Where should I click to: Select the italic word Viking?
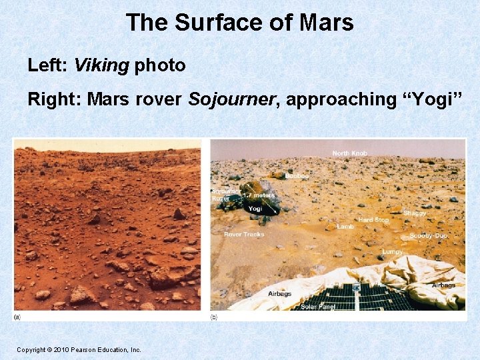(102, 65)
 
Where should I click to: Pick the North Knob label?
(350, 154)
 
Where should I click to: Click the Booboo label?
(297, 176)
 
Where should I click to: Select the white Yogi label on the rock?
(255, 209)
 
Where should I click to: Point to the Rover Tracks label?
(244, 234)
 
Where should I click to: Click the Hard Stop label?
(373, 219)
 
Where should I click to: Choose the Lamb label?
(345, 227)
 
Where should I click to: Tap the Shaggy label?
(415, 213)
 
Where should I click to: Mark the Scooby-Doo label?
(428, 236)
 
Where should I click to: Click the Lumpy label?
(392, 252)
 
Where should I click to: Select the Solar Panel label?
(317, 307)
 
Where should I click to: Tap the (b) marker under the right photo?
(213, 317)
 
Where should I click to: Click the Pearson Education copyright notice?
(79, 349)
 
